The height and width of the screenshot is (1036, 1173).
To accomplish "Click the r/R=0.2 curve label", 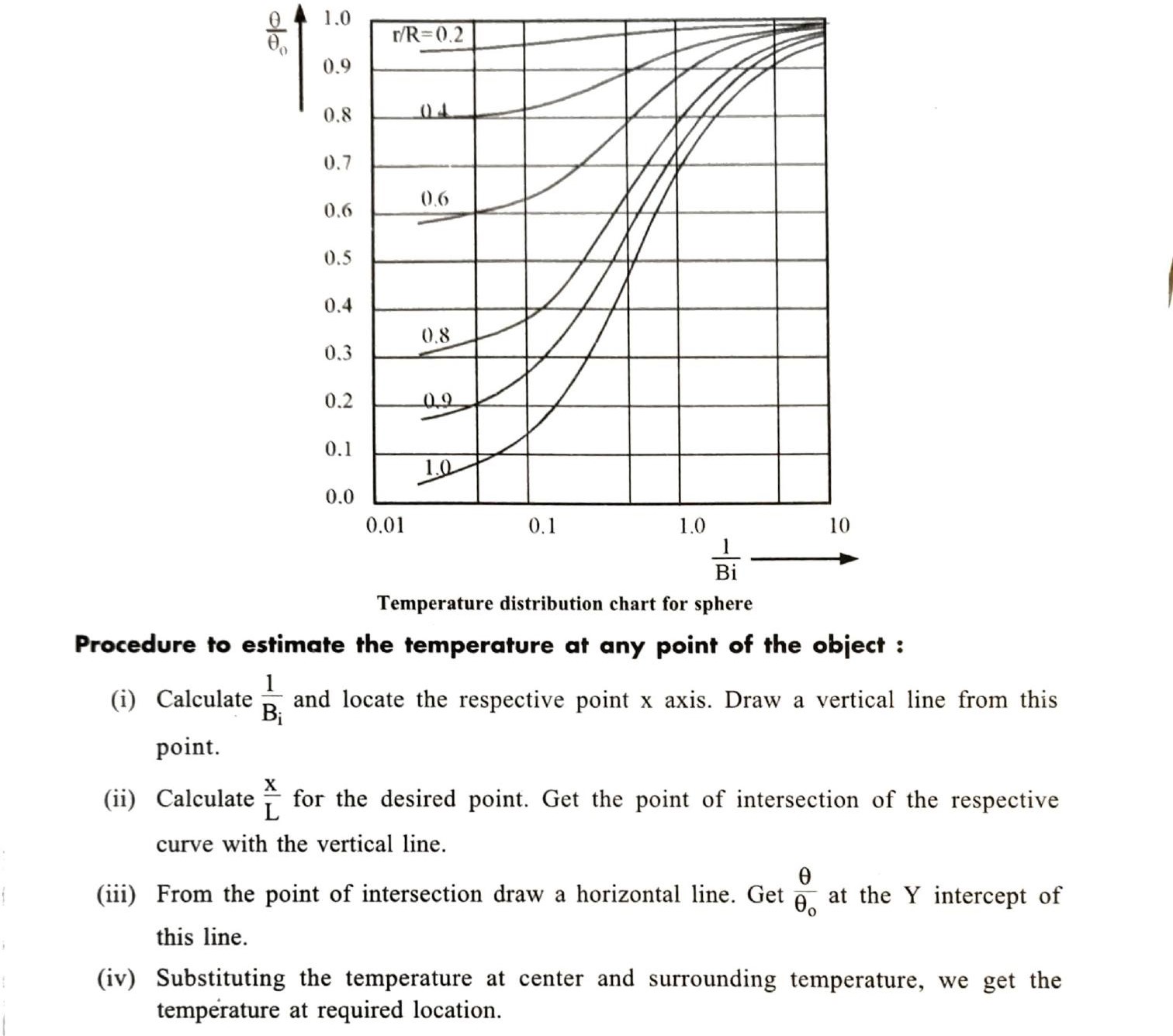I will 428,35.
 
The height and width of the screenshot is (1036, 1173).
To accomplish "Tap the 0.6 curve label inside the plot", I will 434,199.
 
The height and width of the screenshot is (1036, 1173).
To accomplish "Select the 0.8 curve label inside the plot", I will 435,336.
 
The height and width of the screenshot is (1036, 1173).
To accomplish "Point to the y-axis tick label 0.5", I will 337,257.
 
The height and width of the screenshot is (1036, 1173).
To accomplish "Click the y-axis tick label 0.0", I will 339,497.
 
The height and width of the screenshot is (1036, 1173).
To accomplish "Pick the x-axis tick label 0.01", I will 386,526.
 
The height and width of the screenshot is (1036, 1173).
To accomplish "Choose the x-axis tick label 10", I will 839,526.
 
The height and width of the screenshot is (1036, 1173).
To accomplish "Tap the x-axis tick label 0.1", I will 542,527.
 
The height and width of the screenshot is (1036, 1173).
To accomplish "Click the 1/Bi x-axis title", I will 726,560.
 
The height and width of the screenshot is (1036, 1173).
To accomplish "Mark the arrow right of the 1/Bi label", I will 804,558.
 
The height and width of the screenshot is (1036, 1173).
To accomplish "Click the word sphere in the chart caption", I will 725,603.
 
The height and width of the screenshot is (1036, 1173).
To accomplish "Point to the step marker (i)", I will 123,699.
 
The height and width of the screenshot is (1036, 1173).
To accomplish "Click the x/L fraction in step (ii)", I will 271,798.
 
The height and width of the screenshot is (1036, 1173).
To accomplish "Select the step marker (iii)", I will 116,895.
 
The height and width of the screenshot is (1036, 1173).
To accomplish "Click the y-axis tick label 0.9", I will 337,67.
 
